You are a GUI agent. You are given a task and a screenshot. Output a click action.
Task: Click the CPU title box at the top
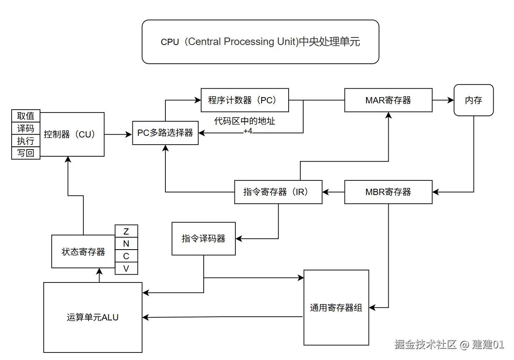click(260, 42)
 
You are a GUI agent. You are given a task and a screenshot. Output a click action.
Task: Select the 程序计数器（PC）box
click(245, 100)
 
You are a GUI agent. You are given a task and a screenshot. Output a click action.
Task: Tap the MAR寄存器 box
click(388, 100)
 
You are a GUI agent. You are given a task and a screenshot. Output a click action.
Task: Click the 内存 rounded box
click(473, 100)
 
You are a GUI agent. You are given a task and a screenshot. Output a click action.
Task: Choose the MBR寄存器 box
click(388, 192)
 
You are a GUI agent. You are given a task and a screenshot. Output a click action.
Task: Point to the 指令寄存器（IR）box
click(278, 192)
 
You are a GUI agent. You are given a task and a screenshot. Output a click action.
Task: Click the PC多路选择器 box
click(165, 133)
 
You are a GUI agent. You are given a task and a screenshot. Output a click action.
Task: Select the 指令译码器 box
click(203, 238)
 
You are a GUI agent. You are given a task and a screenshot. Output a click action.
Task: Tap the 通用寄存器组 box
click(336, 307)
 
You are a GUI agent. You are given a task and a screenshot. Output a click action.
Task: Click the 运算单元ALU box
click(92, 317)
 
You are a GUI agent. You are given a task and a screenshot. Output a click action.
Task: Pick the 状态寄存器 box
click(83, 252)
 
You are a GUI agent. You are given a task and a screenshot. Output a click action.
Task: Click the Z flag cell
click(126, 231)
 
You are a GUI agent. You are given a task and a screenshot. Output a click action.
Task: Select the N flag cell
click(126, 244)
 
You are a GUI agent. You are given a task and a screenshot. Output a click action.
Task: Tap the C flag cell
click(126, 256)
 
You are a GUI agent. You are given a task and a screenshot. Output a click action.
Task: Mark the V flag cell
click(126, 269)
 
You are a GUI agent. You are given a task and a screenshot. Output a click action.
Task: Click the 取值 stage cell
click(26, 116)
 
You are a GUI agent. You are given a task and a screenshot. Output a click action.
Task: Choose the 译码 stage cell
click(26, 128)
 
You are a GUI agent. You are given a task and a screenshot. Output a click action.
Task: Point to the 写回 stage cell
click(26, 153)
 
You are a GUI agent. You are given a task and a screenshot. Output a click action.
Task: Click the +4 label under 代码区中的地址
click(248, 131)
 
